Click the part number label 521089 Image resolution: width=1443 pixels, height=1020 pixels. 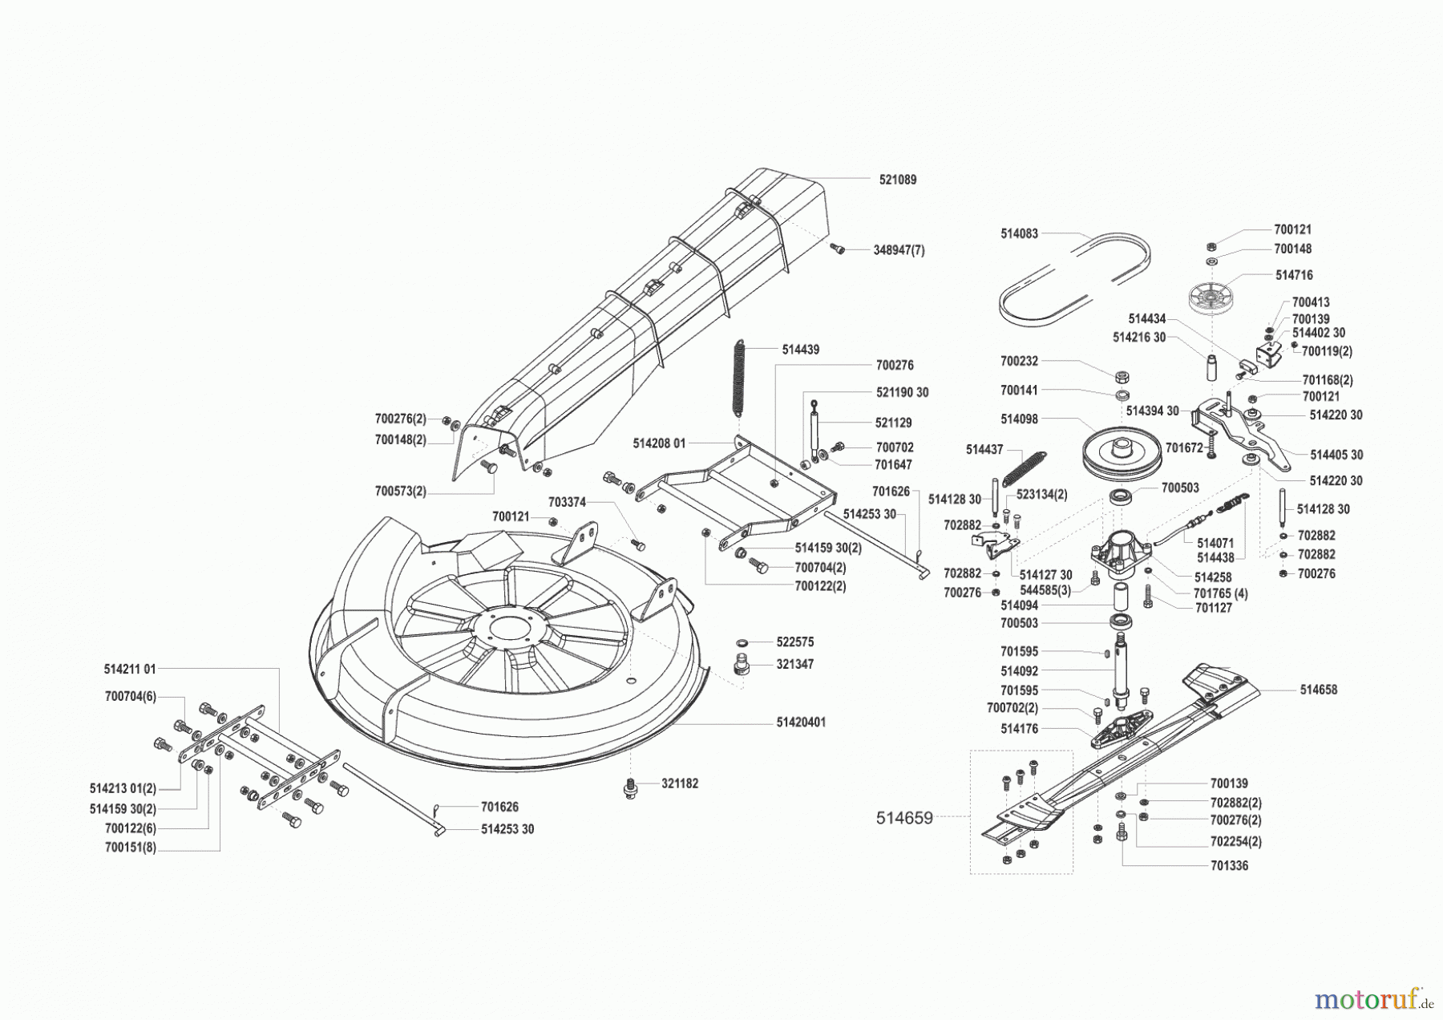coord(897,180)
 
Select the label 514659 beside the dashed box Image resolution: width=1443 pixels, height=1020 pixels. coord(904,818)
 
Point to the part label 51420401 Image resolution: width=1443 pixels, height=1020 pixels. coord(800,722)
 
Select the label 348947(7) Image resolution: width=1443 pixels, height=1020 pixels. coord(899,250)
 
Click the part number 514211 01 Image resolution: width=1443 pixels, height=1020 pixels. coord(130,669)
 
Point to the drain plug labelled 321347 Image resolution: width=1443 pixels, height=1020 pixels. coord(742,664)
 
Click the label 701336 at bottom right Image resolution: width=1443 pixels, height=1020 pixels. coord(1229,866)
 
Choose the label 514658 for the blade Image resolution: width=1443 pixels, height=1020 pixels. coord(1318,690)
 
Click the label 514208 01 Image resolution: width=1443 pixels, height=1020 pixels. coord(659,443)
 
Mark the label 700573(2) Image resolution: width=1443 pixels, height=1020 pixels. coord(400,491)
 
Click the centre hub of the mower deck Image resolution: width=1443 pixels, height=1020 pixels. coord(503,625)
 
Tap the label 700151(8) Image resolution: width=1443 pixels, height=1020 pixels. coord(131,848)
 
